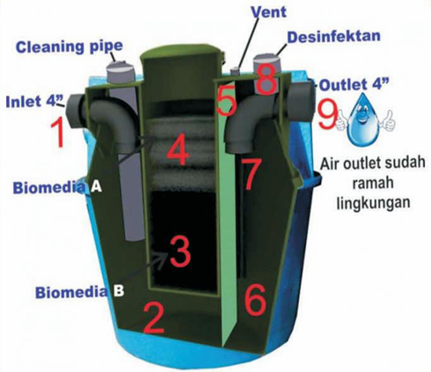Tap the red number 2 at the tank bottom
(154, 318)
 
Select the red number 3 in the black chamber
(180, 252)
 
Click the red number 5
(226, 100)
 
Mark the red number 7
(252, 174)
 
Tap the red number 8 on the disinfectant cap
(267, 78)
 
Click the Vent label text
(268, 12)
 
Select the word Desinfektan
(333, 36)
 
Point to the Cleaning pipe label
(69, 47)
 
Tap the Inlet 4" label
(35, 101)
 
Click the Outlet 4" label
(354, 84)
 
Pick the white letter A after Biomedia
(96, 186)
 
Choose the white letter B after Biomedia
(118, 291)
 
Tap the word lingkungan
(373, 202)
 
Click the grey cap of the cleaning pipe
(121, 71)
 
